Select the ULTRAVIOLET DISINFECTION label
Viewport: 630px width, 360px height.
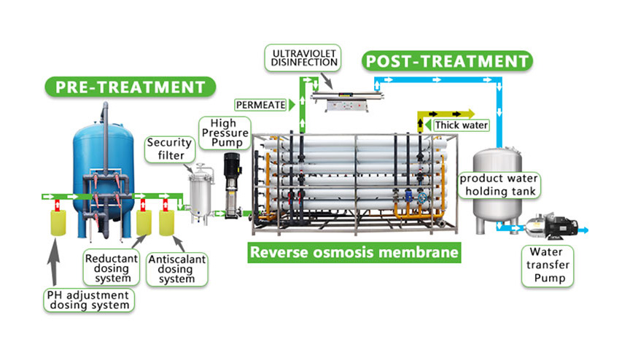pos(306,57)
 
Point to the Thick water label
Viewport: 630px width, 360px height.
pos(461,125)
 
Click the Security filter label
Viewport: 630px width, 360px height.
pos(168,148)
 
